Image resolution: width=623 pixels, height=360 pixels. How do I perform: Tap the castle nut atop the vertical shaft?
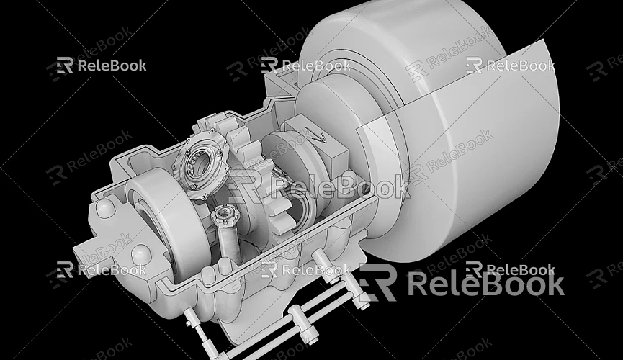click(x=223, y=214)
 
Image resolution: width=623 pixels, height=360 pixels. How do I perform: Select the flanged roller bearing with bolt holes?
click(x=202, y=166)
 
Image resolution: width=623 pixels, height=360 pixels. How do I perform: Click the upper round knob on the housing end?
click(x=105, y=209)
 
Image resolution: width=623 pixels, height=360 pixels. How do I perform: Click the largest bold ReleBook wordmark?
click(x=486, y=284)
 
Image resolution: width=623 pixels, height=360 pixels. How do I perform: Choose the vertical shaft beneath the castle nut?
click(x=229, y=241)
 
